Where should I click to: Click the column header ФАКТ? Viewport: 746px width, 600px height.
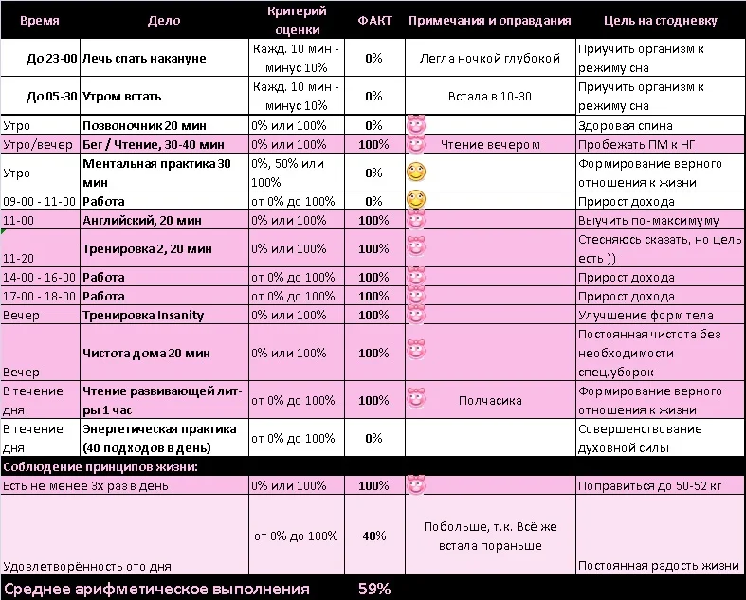tap(373, 20)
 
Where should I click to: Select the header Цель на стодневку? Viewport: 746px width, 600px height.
tap(660, 20)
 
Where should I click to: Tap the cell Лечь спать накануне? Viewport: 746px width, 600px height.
tap(143, 59)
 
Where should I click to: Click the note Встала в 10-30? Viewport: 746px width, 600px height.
tap(489, 97)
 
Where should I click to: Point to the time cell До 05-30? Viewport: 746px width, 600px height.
tap(52, 97)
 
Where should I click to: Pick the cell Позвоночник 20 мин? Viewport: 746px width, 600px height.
tap(139, 125)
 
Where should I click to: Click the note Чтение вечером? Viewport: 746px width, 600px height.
tap(490, 144)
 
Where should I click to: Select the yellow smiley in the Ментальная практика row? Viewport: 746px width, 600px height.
tap(415, 173)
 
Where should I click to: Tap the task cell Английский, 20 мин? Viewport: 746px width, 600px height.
tap(142, 220)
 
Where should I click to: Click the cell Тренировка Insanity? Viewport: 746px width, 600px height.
tap(143, 315)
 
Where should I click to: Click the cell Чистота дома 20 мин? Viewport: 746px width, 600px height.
tap(146, 353)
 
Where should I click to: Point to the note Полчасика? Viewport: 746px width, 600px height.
tap(490, 400)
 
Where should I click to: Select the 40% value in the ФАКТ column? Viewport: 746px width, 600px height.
tap(373, 536)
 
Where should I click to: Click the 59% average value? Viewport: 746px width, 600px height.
tap(374, 589)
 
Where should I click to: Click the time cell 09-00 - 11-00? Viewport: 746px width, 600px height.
tap(39, 201)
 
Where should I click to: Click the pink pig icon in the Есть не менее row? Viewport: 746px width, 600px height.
tap(415, 485)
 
